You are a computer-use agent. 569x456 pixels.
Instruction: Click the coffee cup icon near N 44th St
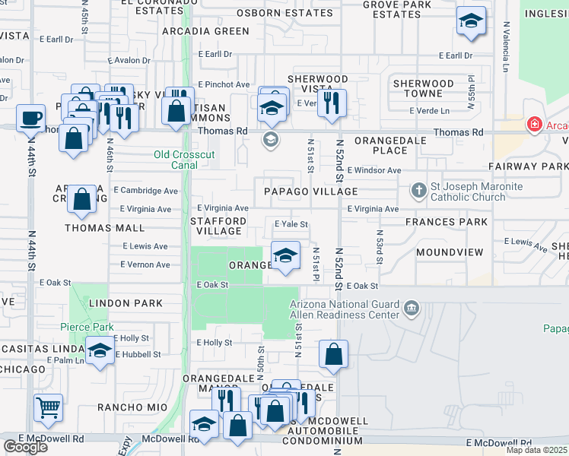[30, 119]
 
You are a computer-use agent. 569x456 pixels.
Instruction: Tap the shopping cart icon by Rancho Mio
[48, 407]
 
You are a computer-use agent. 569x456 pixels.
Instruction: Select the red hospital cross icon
[535, 125]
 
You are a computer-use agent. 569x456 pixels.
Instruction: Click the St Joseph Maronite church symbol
[418, 190]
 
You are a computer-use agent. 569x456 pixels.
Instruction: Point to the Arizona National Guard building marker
[412, 308]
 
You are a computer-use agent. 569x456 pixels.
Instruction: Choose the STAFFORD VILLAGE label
[218, 226]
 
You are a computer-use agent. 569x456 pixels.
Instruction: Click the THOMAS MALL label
[94, 227]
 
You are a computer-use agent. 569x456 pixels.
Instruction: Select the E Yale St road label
[291, 224]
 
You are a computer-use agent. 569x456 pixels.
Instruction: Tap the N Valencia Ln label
[505, 41]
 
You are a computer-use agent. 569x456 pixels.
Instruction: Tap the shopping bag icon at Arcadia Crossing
[81, 199]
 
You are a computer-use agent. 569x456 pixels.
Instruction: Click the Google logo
[25, 447]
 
